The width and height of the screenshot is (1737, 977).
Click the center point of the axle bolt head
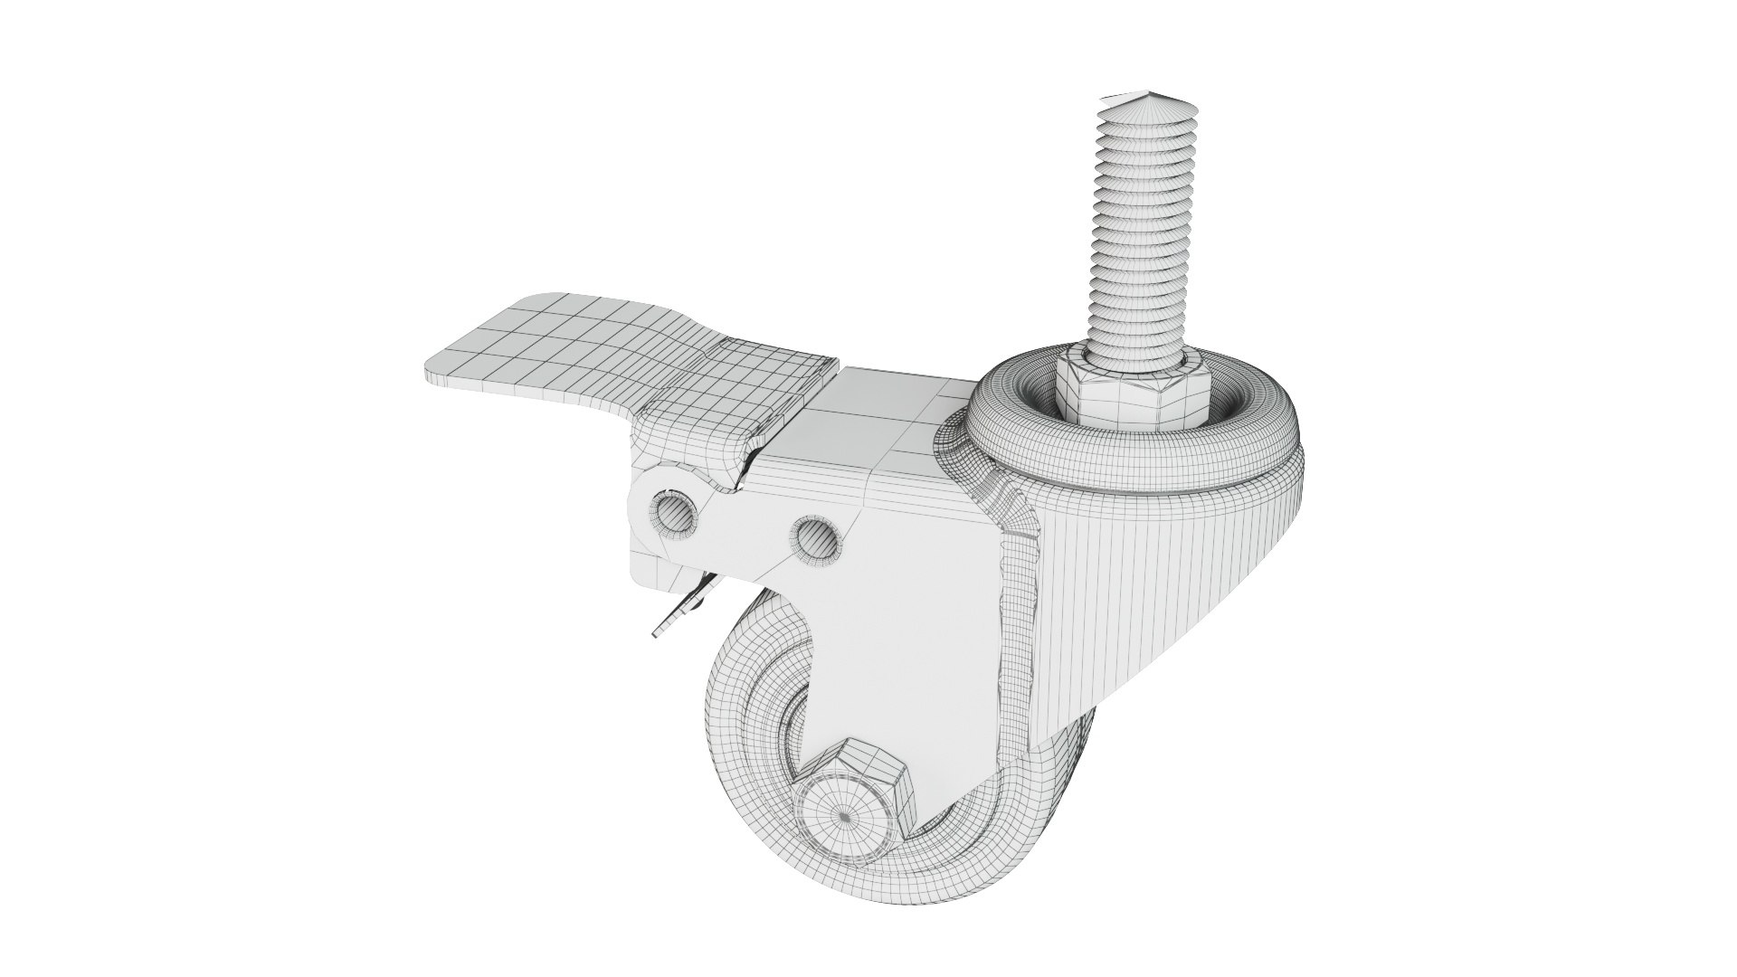pyautogui.click(x=843, y=816)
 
